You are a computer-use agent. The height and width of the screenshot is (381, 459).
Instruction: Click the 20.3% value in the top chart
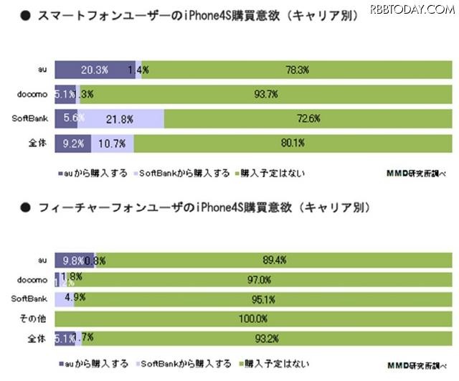tap(95, 70)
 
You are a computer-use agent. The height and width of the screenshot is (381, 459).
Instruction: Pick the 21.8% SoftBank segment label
tap(119, 118)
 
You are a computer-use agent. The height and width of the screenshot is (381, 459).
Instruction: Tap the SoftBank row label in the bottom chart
tap(31, 297)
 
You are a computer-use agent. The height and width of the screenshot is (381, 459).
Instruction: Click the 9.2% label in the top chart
tap(74, 143)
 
